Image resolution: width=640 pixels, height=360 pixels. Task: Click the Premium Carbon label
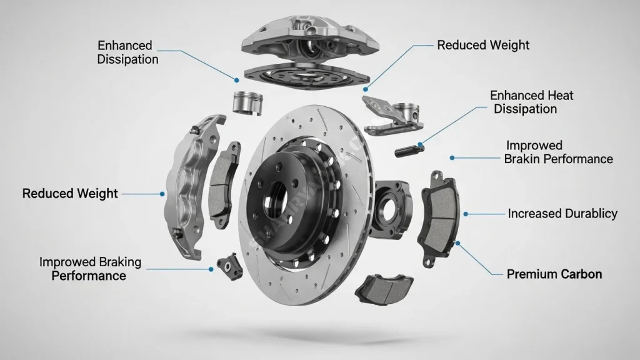(x=554, y=274)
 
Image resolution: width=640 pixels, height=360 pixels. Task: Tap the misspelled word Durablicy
(x=591, y=214)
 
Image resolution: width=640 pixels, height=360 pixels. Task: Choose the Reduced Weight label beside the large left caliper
(x=70, y=194)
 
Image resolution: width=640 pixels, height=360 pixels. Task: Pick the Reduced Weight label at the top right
(x=483, y=45)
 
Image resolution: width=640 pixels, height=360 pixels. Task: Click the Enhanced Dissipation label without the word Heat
(x=127, y=52)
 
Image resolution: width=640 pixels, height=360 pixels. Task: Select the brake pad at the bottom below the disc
(x=383, y=289)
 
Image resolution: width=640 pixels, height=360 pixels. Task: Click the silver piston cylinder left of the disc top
(x=247, y=103)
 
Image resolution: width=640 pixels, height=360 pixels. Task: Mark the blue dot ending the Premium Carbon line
(x=458, y=243)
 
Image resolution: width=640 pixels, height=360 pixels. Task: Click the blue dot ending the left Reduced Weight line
(x=162, y=194)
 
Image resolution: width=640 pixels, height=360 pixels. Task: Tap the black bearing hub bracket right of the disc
(x=391, y=209)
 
